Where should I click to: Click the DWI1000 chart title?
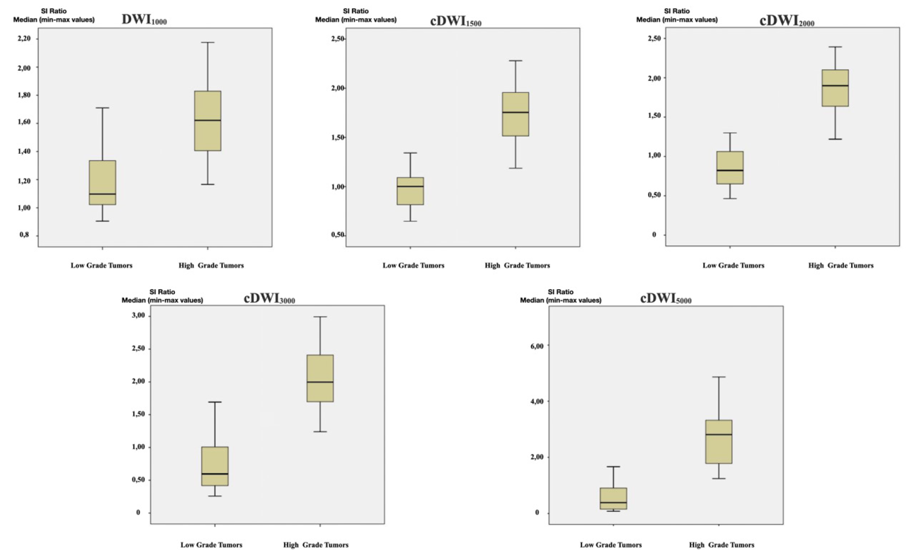point(144,19)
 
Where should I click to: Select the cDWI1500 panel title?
point(455,21)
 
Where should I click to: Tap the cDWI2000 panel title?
point(787,20)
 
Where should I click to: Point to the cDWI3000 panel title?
point(270,298)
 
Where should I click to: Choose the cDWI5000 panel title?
point(666,299)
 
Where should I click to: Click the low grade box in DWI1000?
point(102,182)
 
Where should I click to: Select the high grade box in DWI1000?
point(208,121)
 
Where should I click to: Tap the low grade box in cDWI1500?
point(410,191)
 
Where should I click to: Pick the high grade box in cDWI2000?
point(835,88)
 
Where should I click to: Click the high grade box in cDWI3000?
point(320,378)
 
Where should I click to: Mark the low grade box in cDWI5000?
point(613,498)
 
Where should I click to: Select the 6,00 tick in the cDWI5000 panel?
point(536,346)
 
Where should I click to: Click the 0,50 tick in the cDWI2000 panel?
point(654,196)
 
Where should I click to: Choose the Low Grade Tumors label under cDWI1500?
point(413,265)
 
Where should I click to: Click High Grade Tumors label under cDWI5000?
point(721,545)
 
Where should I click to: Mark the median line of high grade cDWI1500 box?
point(515,112)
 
